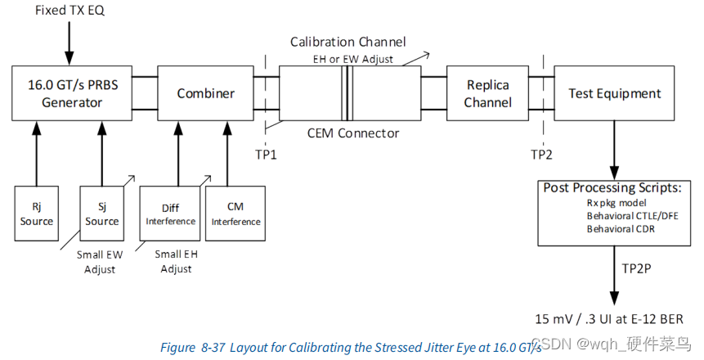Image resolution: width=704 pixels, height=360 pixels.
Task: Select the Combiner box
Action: tap(205, 93)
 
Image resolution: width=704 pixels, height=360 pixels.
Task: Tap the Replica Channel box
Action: tap(488, 93)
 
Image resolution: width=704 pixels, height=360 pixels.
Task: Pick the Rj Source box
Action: tap(37, 214)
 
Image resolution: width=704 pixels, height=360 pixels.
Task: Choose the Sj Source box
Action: tap(102, 214)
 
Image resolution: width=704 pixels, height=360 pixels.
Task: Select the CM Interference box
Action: tap(235, 214)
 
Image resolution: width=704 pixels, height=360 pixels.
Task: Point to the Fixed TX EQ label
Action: tap(70, 12)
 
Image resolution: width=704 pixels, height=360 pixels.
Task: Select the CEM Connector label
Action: tap(353, 133)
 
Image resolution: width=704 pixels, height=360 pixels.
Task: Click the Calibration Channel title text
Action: tap(348, 41)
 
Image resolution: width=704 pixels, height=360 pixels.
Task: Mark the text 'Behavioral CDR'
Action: tap(621, 229)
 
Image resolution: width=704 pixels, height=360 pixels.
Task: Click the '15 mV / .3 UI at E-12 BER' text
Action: tap(609, 318)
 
